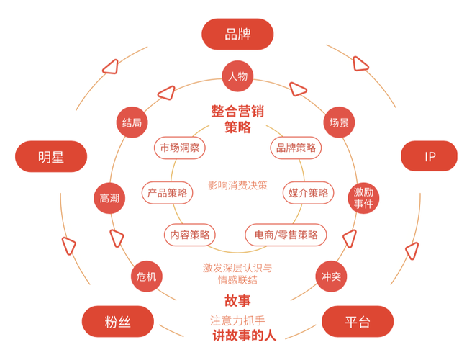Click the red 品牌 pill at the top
(x=237, y=34)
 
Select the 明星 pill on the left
(x=51, y=156)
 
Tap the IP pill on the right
(x=430, y=156)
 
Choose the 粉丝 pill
(x=119, y=322)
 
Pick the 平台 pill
(x=358, y=322)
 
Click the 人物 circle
(x=237, y=76)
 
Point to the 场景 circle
(x=339, y=122)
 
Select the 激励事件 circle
(x=363, y=198)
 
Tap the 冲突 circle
(x=331, y=276)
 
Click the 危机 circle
(x=145, y=276)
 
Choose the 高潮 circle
(x=109, y=198)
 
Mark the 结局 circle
(x=132, y=122)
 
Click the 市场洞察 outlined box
(x=181, y=148)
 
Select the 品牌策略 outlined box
(x=295, y=148)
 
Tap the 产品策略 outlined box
(x=167, y=192)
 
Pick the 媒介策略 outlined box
(x=309, y=192)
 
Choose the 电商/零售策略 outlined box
(x=286, y=234)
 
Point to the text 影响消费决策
(x=237, y=185)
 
